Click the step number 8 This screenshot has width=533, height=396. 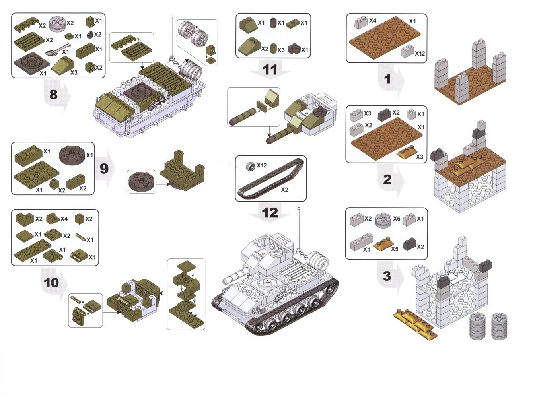53,95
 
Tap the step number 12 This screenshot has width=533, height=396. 270,213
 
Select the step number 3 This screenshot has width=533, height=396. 387,276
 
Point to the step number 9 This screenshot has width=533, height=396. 104,169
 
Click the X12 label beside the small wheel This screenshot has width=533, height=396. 262,165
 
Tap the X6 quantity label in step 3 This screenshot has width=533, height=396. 397,219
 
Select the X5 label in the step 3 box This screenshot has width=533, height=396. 395,249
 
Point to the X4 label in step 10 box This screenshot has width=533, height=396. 64,219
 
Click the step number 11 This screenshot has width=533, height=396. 270,70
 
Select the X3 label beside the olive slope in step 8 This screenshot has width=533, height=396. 74,72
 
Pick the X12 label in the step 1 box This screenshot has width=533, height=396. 420,54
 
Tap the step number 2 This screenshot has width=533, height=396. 387,179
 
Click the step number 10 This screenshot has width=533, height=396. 51,283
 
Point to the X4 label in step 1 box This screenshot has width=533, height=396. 373,21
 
